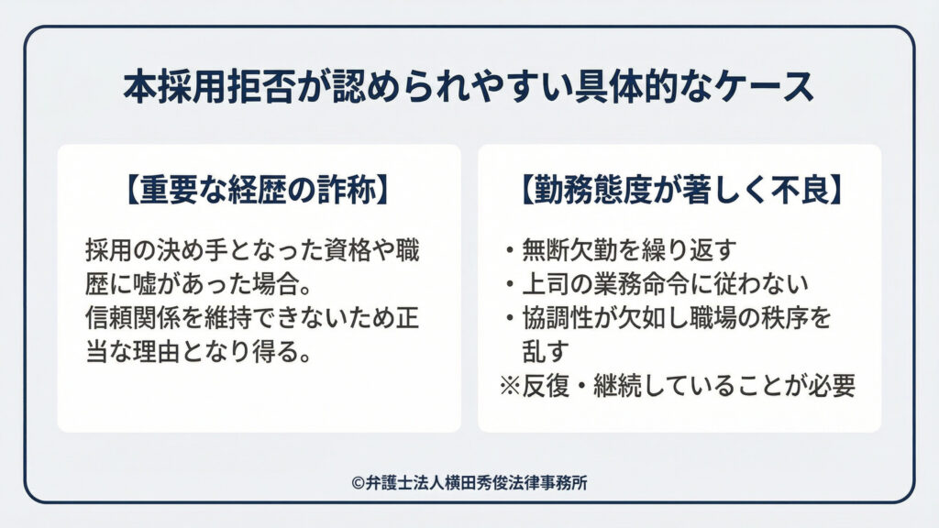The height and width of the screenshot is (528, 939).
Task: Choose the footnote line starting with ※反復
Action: pos(677,385)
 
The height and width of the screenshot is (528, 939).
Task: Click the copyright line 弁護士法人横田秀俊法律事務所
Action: pos(469,483)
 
